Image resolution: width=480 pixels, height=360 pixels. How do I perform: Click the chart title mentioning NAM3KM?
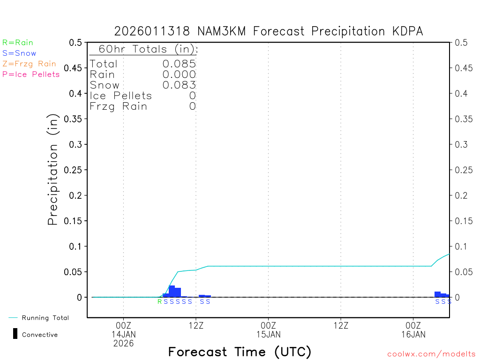click(269, 31)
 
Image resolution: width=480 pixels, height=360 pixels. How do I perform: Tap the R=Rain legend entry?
click(18, 43)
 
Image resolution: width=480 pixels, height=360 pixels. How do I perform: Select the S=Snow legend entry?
click(19, 53)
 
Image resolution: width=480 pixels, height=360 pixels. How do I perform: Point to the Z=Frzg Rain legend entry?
click(29, 64)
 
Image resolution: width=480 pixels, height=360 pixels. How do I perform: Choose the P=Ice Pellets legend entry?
click(31, 74)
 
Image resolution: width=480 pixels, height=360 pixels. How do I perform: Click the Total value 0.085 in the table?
click(179, 64)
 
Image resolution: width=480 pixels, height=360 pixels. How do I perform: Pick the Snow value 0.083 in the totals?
click(179, 85)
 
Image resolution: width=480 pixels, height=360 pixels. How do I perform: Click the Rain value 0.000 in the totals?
click(179, 74)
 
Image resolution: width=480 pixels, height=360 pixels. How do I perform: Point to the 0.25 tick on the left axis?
click(75, 170)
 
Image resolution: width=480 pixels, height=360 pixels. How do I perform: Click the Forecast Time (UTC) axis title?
click(240, 352)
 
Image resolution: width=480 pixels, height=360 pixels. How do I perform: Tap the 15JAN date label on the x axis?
click(268, 335)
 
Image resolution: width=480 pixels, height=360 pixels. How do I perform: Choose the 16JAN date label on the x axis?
click(413, 335)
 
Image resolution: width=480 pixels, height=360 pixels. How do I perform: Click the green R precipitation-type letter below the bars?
click(159, 301)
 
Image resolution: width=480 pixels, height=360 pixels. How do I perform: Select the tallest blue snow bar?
click(172, 291)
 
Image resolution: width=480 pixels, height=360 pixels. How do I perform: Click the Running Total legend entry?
click(45, 318)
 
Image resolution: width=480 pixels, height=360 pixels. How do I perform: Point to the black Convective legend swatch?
click(15, 334)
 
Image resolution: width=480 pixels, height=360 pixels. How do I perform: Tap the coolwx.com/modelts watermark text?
click(431, 354)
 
